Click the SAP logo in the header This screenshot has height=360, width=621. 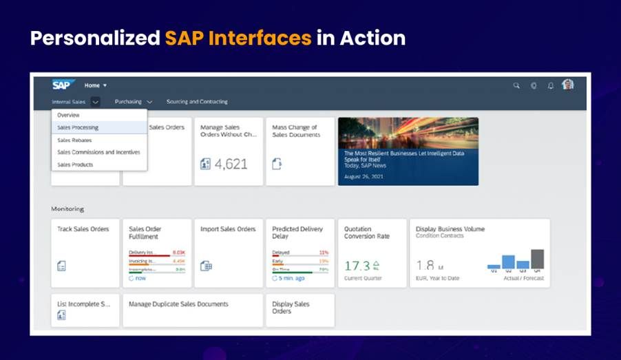click(60, 85)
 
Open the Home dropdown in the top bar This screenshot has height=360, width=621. click(96, 85)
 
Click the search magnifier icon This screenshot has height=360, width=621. click(516, 85)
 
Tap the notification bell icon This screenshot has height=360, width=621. click(550, 85)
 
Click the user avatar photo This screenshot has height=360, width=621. click(567, 85)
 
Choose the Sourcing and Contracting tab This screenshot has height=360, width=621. click(197, 102)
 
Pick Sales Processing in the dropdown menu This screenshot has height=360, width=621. click(78, 127)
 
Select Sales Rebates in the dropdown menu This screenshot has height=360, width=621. click(74, 140)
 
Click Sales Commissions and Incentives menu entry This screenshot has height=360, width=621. click(98, 152)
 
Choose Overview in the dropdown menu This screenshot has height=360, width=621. click(68, 115)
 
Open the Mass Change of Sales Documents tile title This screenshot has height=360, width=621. click(295, 131)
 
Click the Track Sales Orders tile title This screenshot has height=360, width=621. click(83, 229)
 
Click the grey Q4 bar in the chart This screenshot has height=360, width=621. click(537, 259)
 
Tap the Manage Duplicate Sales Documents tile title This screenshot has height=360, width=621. click(178, 304)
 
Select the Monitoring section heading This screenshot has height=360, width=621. click(67, 209)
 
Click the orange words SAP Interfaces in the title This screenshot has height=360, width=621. click(238, 38)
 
